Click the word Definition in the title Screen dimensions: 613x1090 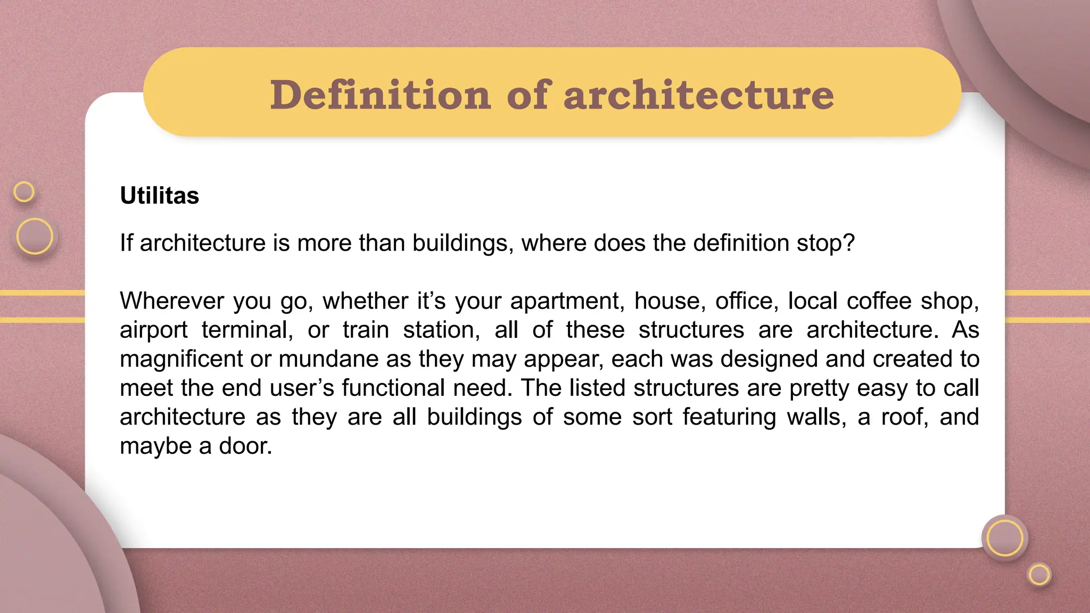380,95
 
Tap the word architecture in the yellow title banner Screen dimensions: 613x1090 698,95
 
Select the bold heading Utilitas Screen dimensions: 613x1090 159,195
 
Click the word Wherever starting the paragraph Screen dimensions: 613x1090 172,301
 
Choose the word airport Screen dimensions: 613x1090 153,330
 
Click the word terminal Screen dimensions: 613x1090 247,330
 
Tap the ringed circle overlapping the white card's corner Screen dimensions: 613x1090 1004,537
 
